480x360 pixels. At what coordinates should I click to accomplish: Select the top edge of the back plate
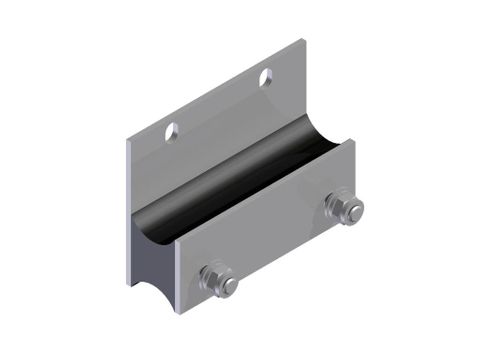tap(215, 90)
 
